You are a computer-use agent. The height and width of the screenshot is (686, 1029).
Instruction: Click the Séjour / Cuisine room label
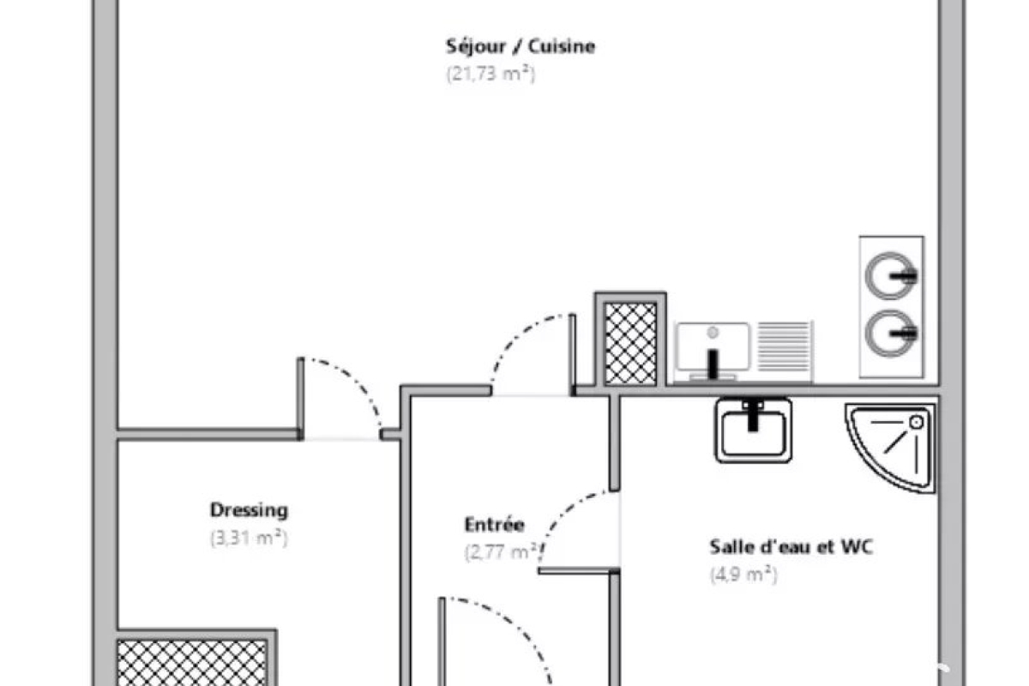[520, 46]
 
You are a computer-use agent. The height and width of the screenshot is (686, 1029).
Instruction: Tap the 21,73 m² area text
[490, 74]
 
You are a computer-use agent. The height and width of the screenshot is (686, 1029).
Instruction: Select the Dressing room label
[249, 510]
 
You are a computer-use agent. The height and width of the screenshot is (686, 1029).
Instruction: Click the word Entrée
[494, 524]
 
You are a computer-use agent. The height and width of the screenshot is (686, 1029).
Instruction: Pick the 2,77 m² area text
[502, 552]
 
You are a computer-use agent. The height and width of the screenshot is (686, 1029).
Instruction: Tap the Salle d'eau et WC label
[791, 546]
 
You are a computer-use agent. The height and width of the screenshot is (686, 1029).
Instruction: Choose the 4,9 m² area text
[743, 575]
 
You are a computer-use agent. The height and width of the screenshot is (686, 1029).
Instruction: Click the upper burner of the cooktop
[890, 276]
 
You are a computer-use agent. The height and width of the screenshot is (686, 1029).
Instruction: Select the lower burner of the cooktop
[890, 330]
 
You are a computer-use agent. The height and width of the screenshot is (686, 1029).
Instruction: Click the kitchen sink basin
[712, 348]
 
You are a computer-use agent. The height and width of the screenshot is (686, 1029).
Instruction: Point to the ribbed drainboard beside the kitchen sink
[785, 350]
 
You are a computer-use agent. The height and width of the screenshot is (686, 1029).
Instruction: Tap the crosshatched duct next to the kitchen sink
[630, 343]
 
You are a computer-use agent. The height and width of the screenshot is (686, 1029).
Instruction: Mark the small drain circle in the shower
[917, 422]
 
